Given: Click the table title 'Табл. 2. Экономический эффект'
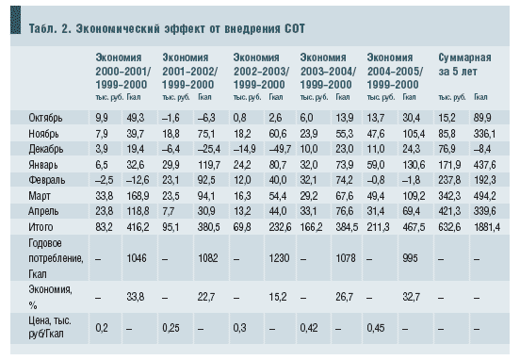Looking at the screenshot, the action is pyautogui.click(x=117, y=29).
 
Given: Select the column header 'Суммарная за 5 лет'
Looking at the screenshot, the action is pyautogui.click(x=464, y=64).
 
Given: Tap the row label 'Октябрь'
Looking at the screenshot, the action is pyautogui.click(x=45, y=118).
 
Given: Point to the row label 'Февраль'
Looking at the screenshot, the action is pyautogui.click(x=47, y=180).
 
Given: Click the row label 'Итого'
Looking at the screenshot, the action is pyautogui.click(x=41, y=227).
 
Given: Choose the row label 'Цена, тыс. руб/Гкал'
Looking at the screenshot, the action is pyautogui.click(x=50, y=327).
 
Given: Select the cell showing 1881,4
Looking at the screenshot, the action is pyautogui.click(x=487, y=227).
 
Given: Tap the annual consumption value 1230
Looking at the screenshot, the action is pyautogui.click(x=279, y=258).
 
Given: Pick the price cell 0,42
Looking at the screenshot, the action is pyautogui.click(x=309, y=328).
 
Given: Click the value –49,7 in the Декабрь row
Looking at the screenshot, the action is pyautogui.click(x=280, y=149).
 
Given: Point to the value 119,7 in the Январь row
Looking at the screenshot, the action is pyautogui.click(x=209, y=165).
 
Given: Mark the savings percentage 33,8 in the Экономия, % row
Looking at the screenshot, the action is pyautogui.click(x=136, y=297).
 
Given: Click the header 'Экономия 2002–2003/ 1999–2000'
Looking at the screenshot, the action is pyautogui.click(x=261, y=71).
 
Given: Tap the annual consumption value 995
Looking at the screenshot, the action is pyautogui.click(x=410, y=258).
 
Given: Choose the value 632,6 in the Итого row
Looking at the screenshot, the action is pyautogui.click(x=449, y=227).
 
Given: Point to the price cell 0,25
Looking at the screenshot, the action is pyautogui.click(x=171, y=328).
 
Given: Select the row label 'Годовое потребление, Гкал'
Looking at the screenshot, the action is pyautogui.click(x=56, y=258).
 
